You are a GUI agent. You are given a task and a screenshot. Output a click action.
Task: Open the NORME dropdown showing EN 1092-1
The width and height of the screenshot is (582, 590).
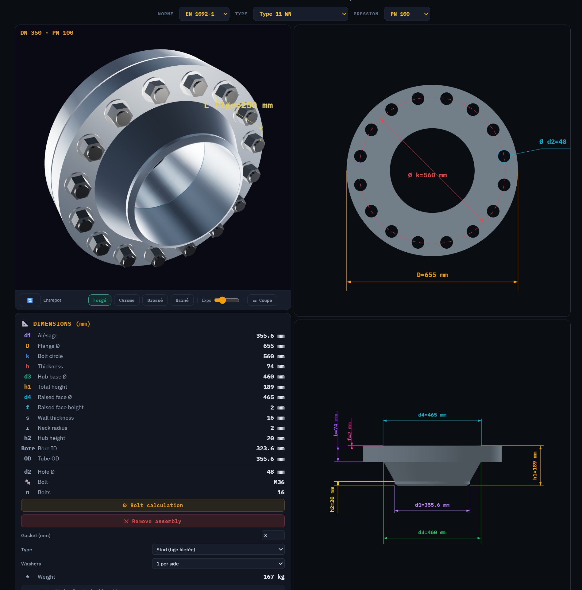point(204,14)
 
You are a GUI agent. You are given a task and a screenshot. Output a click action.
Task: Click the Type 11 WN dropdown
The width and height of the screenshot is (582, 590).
point(300,14)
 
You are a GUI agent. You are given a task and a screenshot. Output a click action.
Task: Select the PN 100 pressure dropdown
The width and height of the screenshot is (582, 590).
point(407,14)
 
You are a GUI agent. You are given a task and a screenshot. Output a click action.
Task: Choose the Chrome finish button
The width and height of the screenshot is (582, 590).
point(126,300)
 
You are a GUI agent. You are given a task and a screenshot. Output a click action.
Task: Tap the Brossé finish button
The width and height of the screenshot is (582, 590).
point(155,300)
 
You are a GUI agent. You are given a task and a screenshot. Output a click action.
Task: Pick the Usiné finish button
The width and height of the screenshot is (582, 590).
point(182,300)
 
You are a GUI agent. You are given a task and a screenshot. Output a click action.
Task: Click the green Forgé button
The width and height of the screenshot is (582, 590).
point(100,300)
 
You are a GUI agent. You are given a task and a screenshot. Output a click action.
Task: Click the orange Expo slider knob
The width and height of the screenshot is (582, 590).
point(222,300)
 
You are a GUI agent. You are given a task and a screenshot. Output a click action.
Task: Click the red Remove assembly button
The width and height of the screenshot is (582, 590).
point(153,521)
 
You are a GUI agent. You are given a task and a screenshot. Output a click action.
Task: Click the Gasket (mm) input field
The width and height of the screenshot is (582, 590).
point(273,535)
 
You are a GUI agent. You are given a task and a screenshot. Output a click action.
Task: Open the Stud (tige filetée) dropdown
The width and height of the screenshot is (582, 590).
point(218,549)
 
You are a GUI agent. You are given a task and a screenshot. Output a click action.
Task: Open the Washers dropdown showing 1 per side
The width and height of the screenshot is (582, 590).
point(218,564)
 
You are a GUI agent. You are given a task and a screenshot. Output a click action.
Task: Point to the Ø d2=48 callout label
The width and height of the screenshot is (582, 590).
point(553,142)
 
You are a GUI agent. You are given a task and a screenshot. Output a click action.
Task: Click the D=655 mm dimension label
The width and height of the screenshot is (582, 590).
point(432,275)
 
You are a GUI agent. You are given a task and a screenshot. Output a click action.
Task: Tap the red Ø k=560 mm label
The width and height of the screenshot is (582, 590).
point(427,175)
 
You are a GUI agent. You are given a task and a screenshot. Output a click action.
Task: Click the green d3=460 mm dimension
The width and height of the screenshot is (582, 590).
point(432,533)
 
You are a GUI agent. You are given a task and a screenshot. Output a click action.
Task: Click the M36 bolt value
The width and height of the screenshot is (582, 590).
point(279,482)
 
